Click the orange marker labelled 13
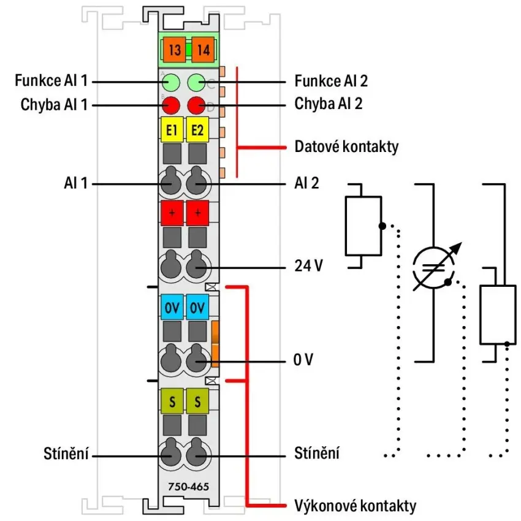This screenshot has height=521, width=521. click(x=175, y=50)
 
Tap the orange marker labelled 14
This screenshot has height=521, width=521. click(x=203, y=50)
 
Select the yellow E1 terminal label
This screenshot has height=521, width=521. click(x=172, y=129)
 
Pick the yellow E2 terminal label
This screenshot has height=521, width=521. click(x=197, y=129)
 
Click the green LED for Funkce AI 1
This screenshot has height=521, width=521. click(x=171, y=82)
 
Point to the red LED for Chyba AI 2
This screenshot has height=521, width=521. click(x=196, y=105)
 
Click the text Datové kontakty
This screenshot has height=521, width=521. click(x=346, y=146)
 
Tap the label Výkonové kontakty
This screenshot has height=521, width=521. click(x=355, y=506)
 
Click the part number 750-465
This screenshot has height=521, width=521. click(x=188, y=487)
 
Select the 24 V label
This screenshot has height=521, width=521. click(x=309, y=265)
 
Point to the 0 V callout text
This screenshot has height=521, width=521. click(x=303, y=360)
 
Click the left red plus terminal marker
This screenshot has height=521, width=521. click(x=172, y=213)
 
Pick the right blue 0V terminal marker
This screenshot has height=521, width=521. click(x=197, y=307)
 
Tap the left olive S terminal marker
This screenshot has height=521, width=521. click(x=172, y=401)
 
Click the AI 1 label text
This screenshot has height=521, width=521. click(x=75, y=183)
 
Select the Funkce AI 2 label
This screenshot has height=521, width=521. click(x=331, y=81)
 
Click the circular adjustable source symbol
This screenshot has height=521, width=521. click(x=434, y=268)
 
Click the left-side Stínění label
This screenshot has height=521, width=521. click(x=66, y=454)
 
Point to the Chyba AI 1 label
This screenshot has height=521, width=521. click(x=54, y=104)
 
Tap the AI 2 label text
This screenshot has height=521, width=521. click(x=306, y=183)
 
